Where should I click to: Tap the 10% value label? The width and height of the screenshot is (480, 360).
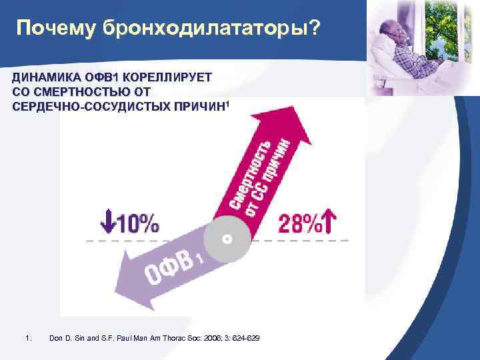click(x=137, y=223)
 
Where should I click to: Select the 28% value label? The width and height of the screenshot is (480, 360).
click(x=299, y=223)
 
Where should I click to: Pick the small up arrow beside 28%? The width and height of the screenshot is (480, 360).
click(x=329, y=223)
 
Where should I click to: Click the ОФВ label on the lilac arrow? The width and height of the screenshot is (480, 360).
click(x=167, y=271)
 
